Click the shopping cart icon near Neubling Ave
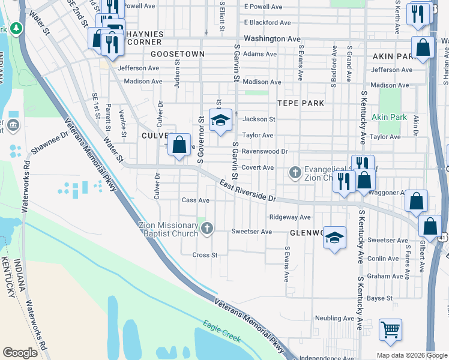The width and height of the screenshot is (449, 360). (390, 329)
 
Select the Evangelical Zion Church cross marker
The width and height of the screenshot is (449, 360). (295, 172)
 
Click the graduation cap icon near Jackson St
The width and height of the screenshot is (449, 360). (220, 119)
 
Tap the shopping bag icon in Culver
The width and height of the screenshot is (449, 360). (179, 145)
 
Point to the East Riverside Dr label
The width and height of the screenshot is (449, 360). (247, 190)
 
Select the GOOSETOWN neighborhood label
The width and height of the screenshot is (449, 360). (178, 54)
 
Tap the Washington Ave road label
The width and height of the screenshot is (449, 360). (272, 38)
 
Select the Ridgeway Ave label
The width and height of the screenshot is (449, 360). (290, 217)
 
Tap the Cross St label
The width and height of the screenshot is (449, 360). (205, 255)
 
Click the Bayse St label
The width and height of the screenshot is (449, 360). (379, 298)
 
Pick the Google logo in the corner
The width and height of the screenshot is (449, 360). (20, 353)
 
